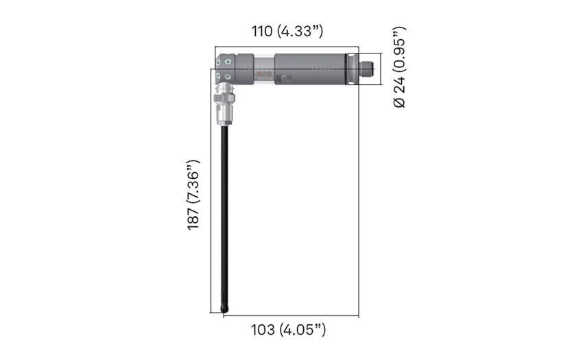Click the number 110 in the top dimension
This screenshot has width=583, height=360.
(262, 32)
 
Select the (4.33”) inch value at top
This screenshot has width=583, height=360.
(300, 32)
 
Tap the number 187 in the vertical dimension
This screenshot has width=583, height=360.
(193, 218)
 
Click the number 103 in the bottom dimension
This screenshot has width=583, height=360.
(263, 330)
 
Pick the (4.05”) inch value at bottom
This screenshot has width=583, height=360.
(302, 330)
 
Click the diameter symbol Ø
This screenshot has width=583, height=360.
(400, 102)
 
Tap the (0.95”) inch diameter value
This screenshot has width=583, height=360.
(400, 50)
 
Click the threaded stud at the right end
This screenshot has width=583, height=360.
(368, 69)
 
